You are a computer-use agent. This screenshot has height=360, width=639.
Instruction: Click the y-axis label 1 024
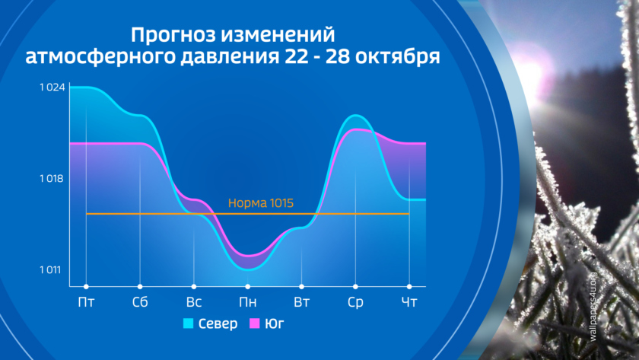click(52, 88)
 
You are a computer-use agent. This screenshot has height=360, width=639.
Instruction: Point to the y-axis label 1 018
click(52, 179)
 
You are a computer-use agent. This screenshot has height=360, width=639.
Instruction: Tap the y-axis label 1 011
click(50, 270)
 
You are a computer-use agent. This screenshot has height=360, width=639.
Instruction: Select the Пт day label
click(86, 302)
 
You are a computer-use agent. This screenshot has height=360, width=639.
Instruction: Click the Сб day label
click(140, 302)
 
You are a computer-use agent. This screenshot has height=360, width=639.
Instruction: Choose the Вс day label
click(193, 302)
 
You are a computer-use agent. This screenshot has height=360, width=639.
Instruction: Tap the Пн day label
click(247, 302)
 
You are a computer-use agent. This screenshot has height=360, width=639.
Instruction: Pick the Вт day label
click(301, 302)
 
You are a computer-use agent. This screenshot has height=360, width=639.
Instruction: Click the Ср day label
click(355, 302)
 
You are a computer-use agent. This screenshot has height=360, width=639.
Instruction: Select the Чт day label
click(409, 302)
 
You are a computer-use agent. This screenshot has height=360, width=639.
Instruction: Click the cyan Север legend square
click(189, 323)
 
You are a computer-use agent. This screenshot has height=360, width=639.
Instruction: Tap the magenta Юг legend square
click(254, 323)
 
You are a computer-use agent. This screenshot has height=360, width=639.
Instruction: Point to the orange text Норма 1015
click(261, 203)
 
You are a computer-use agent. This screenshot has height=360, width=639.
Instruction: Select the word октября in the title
click(397, 56)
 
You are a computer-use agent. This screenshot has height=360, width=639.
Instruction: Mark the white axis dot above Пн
click(247, 287)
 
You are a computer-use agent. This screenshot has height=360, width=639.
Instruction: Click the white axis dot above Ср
click(355, 287)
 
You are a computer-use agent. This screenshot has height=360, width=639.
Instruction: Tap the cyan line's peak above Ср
click(355, 116)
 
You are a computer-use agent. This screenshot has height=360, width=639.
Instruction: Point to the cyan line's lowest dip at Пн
click(248, 269)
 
